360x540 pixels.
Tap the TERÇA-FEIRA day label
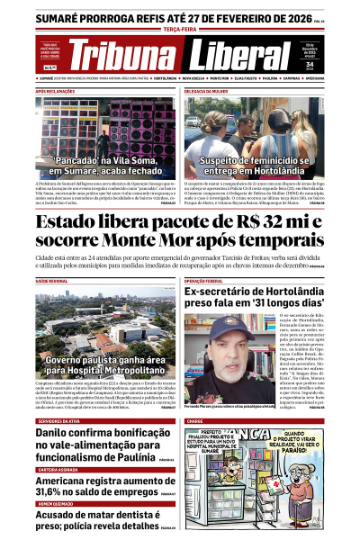[x=180, y=27]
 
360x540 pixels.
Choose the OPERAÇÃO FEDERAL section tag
[x=209, y=282]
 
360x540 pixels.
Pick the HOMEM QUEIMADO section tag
[x=56, y=506]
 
